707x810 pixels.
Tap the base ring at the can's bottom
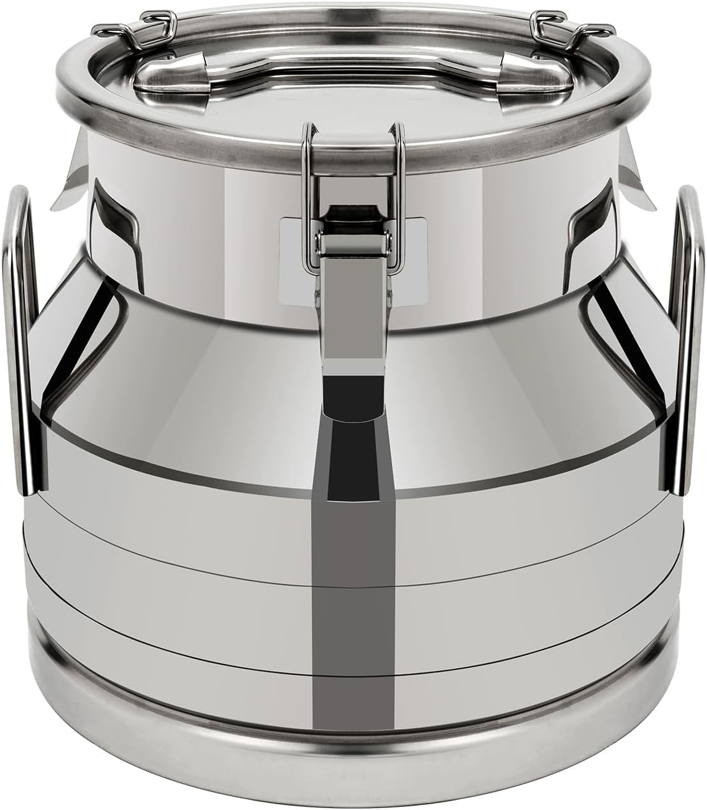click(x=353, y=765)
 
